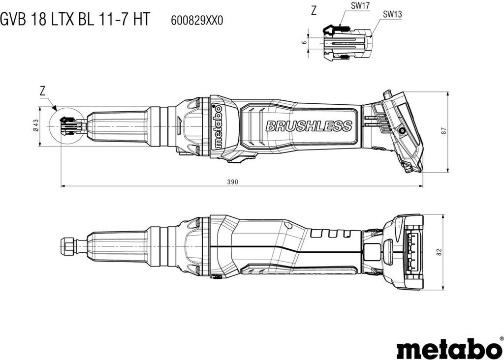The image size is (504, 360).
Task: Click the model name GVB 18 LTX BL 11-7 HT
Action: click(75, 19)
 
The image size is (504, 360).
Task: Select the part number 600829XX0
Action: click(197, 21)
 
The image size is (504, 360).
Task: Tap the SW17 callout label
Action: click(361, 5)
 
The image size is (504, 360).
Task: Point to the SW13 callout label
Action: click(392, 14)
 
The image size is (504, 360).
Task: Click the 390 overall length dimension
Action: click(233, 182)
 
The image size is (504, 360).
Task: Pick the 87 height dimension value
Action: click(444, 131)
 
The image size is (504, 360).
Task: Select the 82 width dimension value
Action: click(439, 252)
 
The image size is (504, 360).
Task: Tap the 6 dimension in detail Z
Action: click(304, 42)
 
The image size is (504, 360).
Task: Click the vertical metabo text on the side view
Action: click(218, 126)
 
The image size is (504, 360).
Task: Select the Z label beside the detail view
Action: click(314, 11)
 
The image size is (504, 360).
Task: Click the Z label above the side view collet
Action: click(43, 91)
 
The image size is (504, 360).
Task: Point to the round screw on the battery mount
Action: click(402, 130)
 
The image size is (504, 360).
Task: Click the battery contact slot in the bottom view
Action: click(411, 251)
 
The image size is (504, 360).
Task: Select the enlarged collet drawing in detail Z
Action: click(347, 42)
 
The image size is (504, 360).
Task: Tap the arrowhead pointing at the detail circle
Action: click(54, 108)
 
